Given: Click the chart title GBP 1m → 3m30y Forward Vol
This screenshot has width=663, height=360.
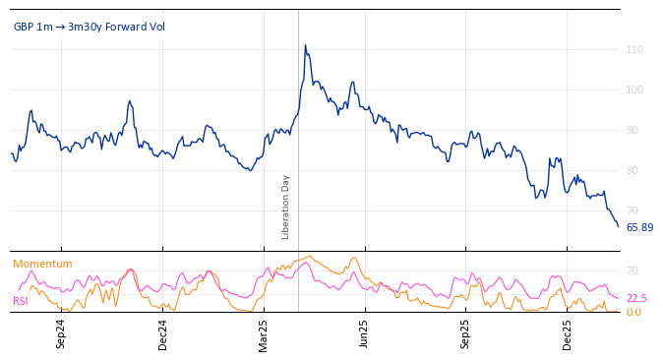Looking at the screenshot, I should coord(90,27).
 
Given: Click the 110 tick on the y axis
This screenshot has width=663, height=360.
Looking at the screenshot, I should coord(634,49).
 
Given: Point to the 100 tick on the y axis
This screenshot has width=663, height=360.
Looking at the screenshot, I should coord(634,90).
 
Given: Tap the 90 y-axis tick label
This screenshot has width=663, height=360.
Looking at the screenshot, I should coord(634,130).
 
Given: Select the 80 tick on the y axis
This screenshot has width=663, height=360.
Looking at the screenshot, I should coord(634,170).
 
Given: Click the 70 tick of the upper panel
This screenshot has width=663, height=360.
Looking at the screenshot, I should coord(634,210).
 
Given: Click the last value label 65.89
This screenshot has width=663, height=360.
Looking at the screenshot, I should coord(639,227).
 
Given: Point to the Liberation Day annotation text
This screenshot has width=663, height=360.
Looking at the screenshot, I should coord(286,207).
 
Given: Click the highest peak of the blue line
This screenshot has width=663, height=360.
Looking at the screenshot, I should coord(305,45).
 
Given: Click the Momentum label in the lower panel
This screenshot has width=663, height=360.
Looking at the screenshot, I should coord(42,264).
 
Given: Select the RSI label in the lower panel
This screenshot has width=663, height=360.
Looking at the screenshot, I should coord(21,301).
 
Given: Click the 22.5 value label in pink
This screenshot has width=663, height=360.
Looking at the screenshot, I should coord(636,298).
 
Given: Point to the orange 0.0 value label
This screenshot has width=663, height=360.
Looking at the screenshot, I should coord(633,312).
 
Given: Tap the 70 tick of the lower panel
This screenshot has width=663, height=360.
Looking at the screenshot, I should coord(633,270).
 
